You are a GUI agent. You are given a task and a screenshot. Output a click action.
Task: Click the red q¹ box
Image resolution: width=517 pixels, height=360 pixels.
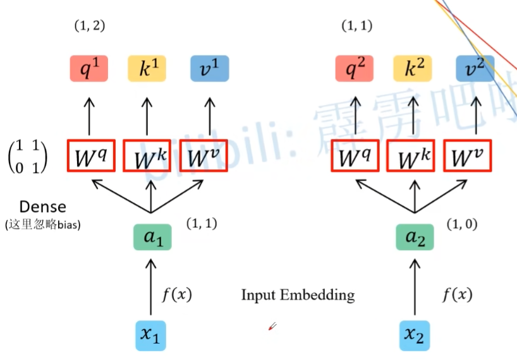pos(89,69)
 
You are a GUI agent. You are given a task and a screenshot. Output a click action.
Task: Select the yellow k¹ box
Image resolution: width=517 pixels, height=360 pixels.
pos(147,69)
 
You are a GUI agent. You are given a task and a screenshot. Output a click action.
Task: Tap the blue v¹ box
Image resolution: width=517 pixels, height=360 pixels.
pos(209,69)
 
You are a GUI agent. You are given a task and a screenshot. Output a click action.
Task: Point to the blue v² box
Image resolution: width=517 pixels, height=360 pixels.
pos(475,69)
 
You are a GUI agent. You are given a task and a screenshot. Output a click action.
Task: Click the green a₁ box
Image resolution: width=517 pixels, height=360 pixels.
pos(152,236)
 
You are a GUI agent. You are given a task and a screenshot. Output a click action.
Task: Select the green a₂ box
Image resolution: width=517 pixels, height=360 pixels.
pos(415,236)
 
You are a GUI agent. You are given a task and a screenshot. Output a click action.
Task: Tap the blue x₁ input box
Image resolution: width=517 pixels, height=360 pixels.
pos(152,335)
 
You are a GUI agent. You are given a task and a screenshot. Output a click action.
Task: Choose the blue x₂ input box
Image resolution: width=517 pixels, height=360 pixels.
pos(415,335)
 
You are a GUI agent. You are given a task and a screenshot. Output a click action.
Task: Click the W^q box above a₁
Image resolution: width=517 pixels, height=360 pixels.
pos(90,155)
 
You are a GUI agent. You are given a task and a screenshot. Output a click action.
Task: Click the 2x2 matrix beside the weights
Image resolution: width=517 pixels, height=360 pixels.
pos(28,155)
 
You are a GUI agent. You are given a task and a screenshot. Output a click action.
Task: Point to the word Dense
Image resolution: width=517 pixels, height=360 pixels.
pos(42,207)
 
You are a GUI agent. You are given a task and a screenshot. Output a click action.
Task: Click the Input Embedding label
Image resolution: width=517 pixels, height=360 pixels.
pos(298,295)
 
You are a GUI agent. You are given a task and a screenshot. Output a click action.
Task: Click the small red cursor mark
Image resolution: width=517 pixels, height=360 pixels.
pos(273,326)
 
